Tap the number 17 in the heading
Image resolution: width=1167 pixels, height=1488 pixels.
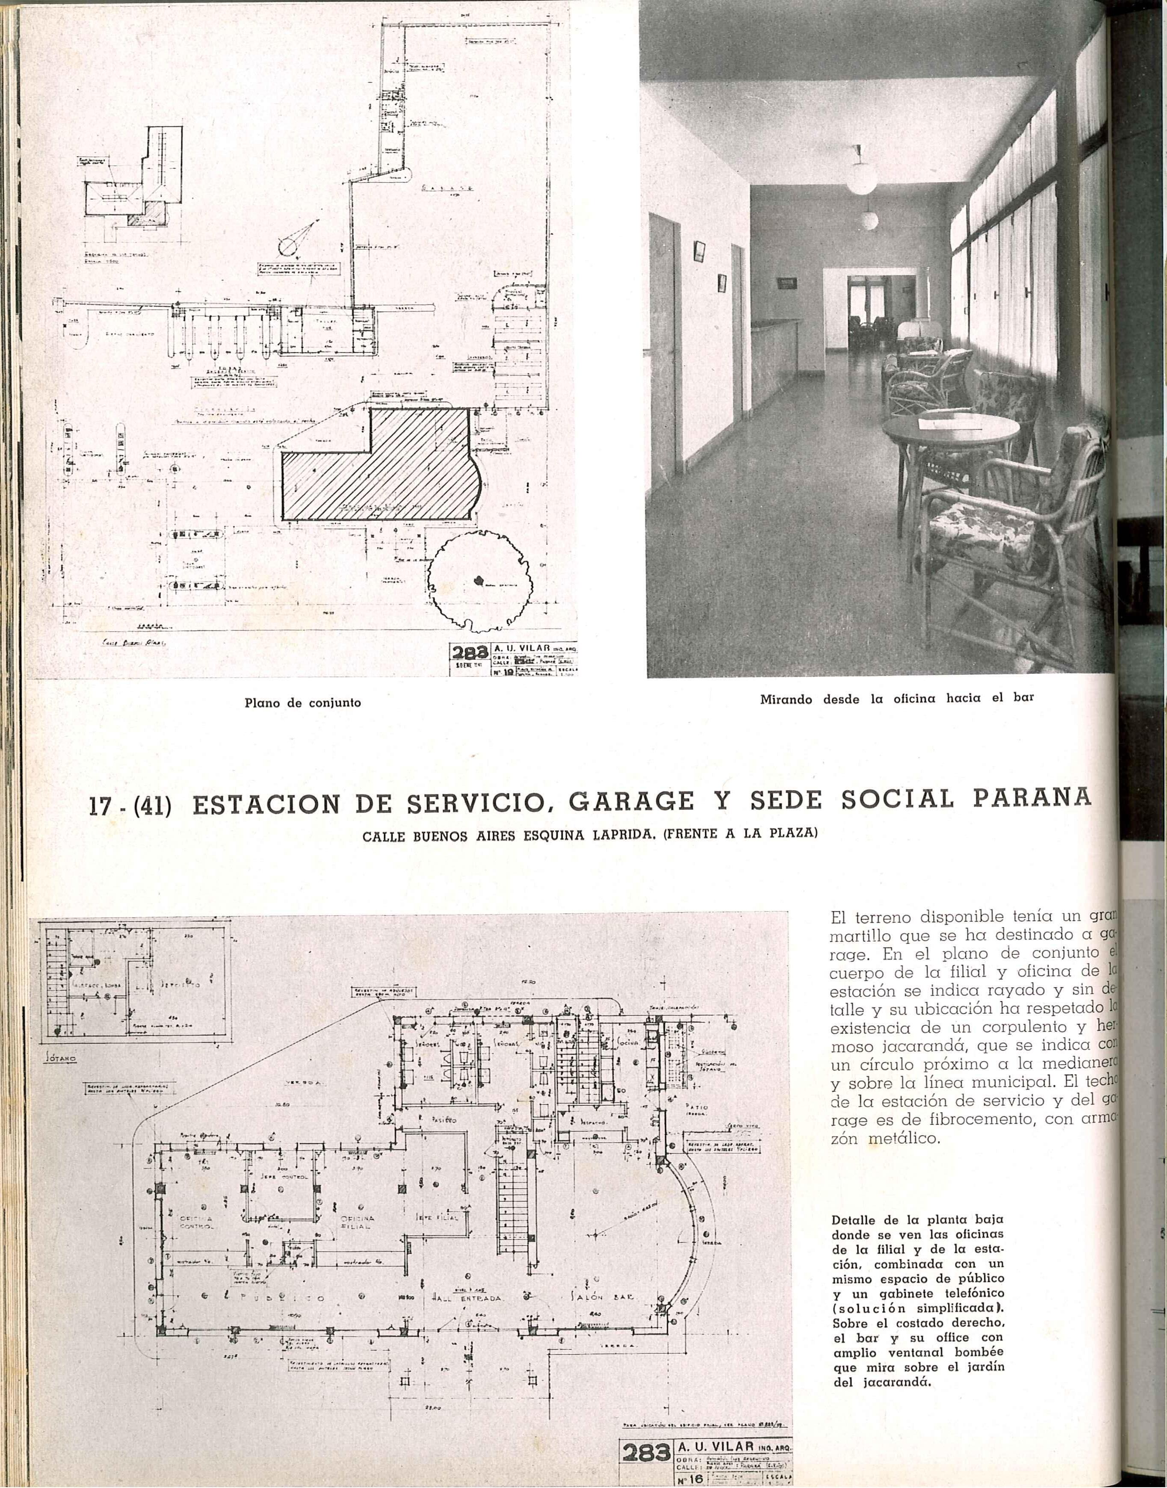pos(104,806)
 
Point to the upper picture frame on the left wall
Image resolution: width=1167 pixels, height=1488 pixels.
pos(699,251)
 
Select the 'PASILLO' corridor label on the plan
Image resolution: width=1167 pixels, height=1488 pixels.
pos(443,1120)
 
